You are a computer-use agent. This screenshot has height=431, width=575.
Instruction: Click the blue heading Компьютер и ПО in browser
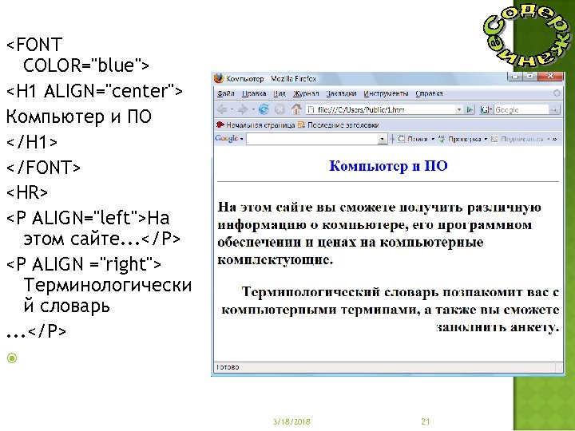(388, 166)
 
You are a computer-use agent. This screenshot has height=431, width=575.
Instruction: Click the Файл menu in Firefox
(225, 93)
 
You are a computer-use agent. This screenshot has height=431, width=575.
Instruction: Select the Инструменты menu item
(386, 93)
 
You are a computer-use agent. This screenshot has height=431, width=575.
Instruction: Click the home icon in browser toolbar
(296, 109)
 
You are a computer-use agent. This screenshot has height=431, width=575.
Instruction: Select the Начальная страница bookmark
(254, 125)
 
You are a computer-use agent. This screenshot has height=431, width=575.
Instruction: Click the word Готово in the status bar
(229, 368)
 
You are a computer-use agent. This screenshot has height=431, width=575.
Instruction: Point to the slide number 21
(425, 421)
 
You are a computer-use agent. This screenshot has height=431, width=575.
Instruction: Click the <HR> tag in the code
(27, 192)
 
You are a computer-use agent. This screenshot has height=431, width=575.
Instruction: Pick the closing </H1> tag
(32, 142)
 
